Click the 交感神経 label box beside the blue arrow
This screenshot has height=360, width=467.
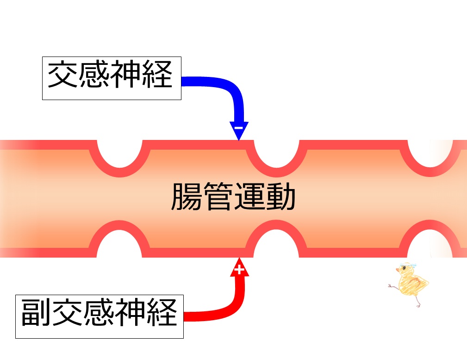pos(111,77)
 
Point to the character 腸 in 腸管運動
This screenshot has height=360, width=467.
pos(187,196)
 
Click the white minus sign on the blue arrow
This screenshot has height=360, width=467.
pos(238,126)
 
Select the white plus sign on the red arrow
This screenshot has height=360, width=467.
pos(239,269)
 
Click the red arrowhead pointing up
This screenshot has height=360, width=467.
pos(239,267)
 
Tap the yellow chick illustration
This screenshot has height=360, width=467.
pos(410,283)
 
